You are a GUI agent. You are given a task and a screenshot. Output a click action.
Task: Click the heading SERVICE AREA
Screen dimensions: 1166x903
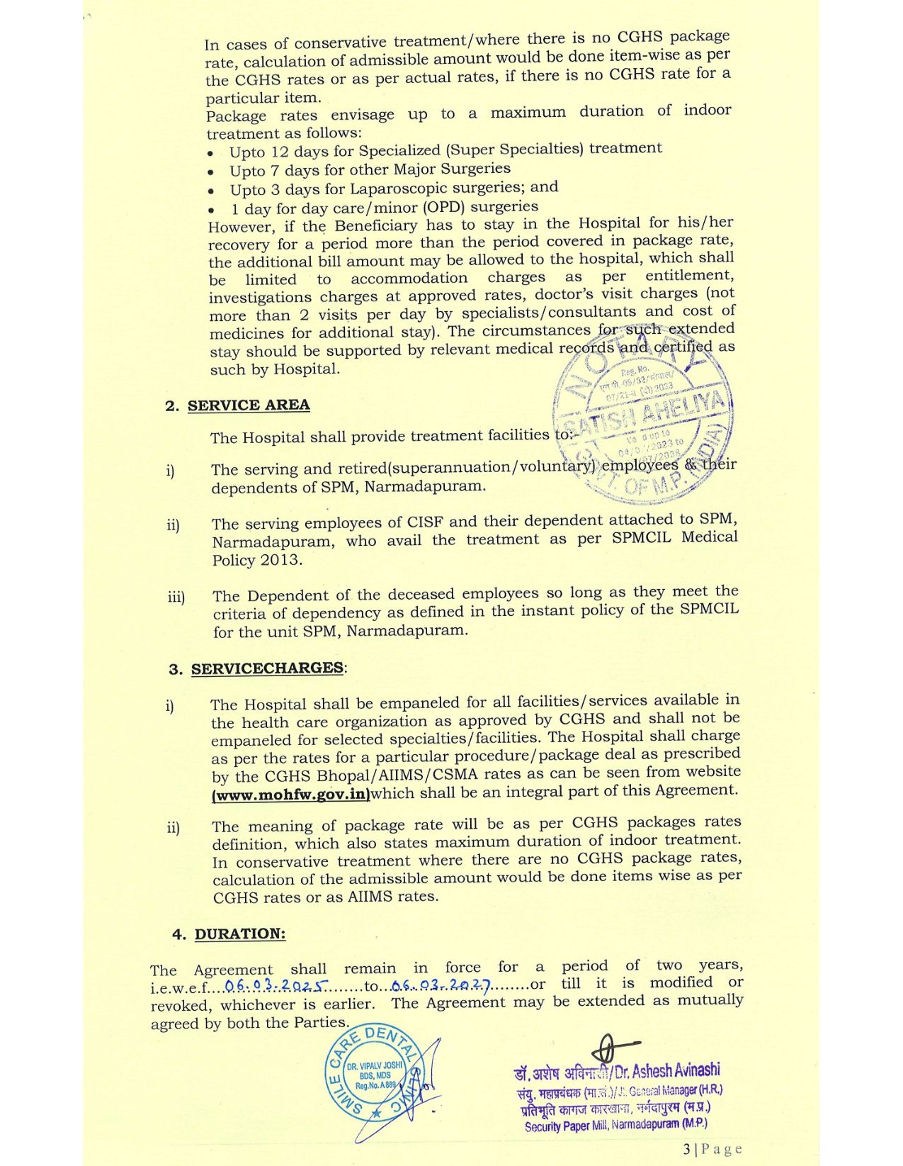click(249, 405)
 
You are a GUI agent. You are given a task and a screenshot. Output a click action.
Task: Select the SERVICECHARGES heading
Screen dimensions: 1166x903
click(268, 668)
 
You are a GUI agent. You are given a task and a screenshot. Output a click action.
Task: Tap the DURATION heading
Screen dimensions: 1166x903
click(240, 934)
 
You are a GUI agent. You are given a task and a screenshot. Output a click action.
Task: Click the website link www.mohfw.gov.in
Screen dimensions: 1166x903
click(291, 795)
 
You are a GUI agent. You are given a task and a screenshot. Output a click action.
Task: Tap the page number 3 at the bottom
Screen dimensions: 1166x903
click(687, 1149)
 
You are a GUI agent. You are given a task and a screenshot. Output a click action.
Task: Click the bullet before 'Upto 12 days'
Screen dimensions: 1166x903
click(210, 154)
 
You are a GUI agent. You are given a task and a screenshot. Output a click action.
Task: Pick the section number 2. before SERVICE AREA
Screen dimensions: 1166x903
click(171, 406)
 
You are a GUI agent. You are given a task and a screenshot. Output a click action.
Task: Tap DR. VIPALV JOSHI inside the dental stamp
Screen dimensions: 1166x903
click(373, 1065)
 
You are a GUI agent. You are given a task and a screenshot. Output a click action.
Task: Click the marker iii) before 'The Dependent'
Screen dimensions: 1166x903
click(176, 597)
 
